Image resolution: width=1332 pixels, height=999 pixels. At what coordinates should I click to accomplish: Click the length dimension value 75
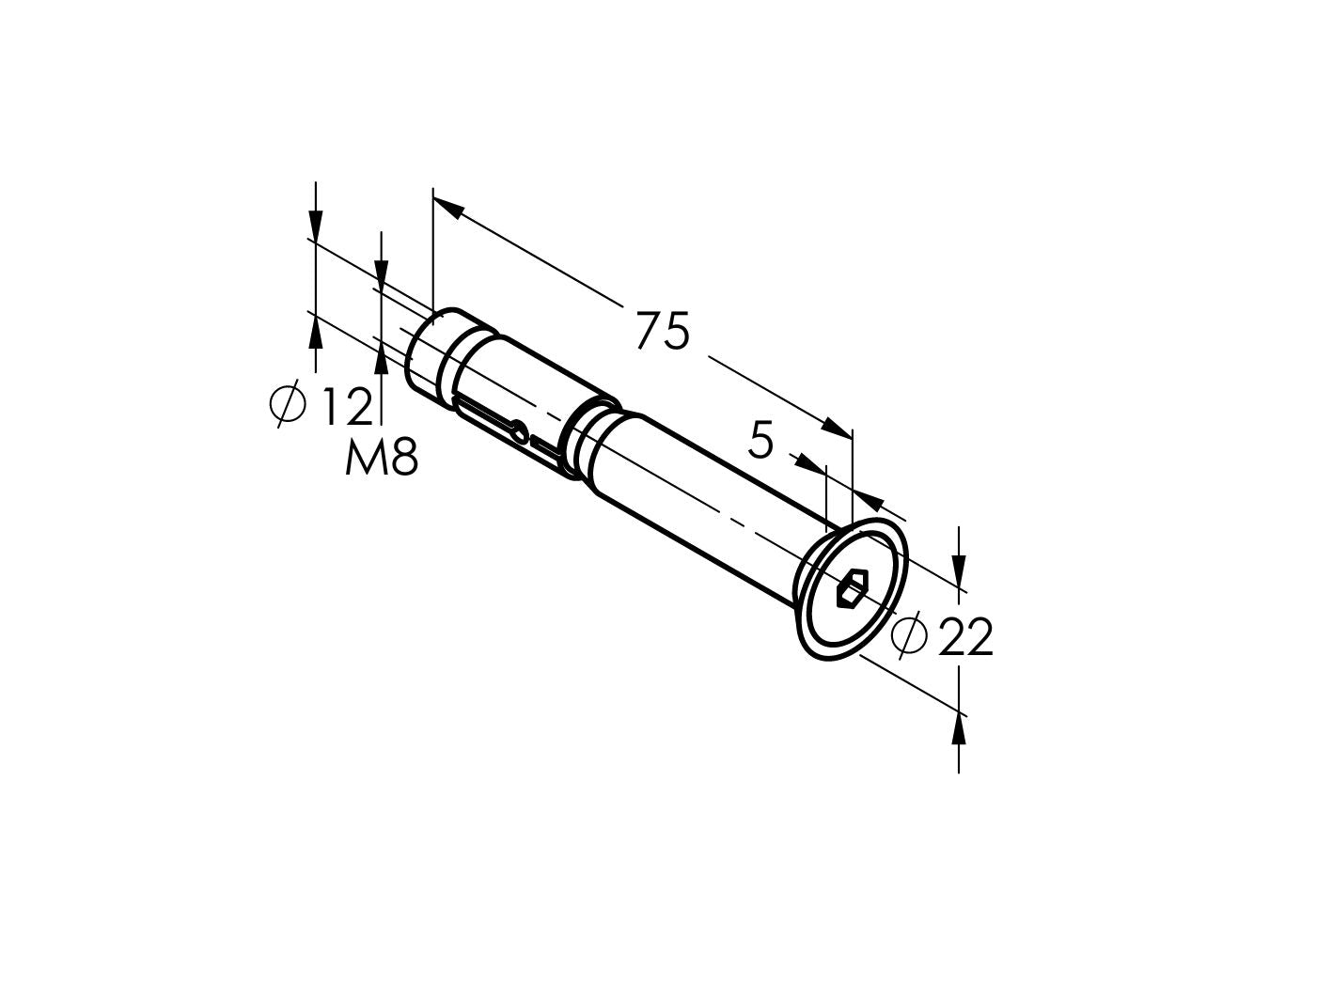coord(663,332)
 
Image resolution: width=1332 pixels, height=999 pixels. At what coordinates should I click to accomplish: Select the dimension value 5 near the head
coord(760,440)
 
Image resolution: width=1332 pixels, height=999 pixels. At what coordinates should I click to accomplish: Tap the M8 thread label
coord(381,459)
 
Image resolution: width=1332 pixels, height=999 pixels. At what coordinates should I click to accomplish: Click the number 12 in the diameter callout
coord(347,406)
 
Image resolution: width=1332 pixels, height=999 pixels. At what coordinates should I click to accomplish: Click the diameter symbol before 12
coord(289,405)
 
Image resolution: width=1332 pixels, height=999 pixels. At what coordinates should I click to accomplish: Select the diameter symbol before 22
coord(909,638)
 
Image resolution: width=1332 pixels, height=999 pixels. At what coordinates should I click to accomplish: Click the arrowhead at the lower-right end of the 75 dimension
coord(836,427)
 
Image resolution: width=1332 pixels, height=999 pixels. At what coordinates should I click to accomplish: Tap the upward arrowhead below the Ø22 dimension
coord(958,728)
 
